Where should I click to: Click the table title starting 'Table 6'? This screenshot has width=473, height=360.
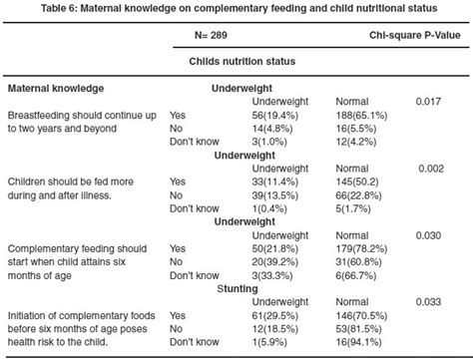236,9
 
